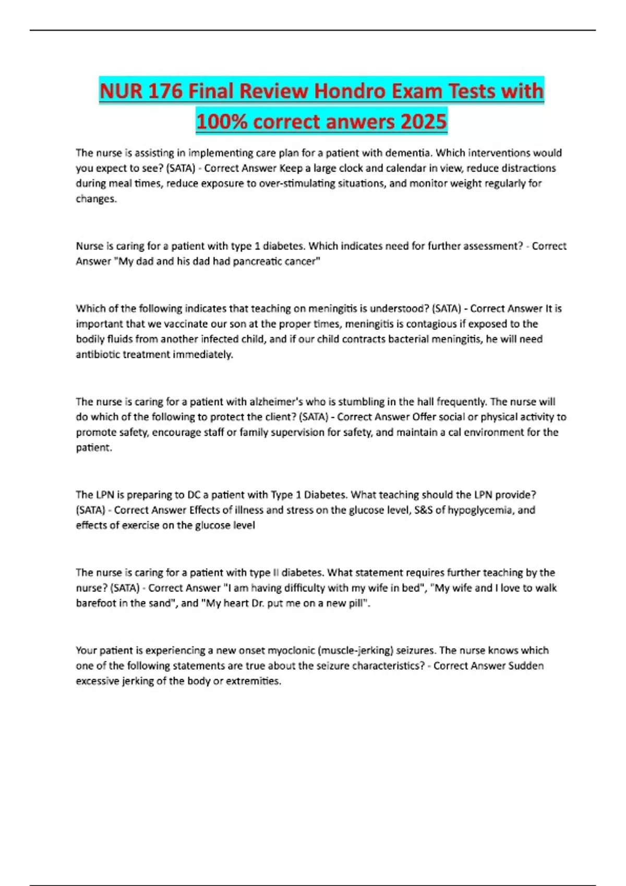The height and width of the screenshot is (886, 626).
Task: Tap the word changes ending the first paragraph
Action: pos(95,199)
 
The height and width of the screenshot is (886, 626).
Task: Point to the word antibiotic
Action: pos(98,354)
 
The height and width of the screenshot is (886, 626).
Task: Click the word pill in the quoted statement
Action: pos(357,603)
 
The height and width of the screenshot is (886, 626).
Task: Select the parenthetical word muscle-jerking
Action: pos(355,650)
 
